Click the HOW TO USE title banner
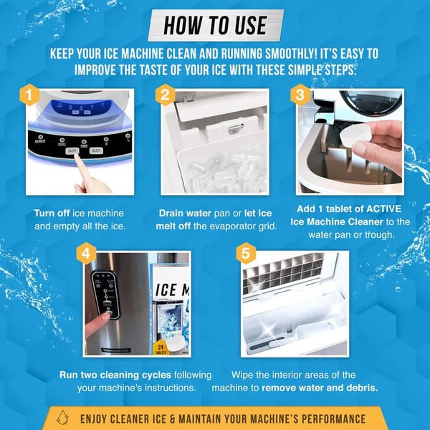click(x=215, y=25)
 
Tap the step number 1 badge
click(x=27, y=94)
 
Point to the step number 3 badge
click(x=299, y=95)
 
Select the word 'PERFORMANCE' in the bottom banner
click(x=325, y=419)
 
